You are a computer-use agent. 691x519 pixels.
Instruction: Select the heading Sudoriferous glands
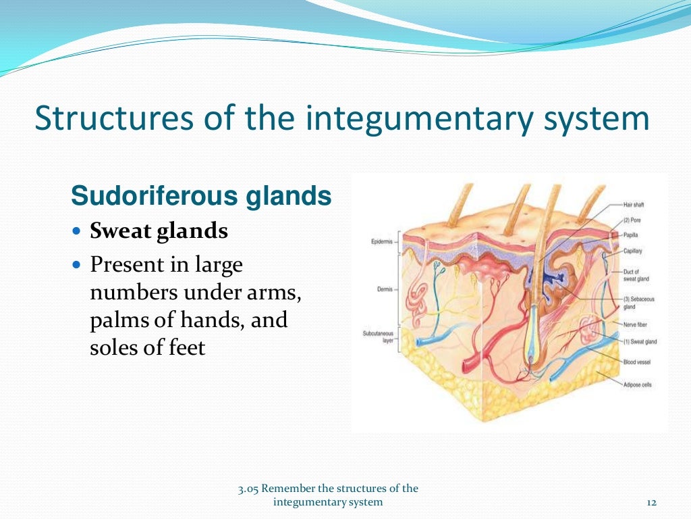coord(201,196)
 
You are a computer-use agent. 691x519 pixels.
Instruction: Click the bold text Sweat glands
coord(159,231)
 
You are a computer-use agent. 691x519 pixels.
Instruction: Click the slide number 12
coord(651,501)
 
